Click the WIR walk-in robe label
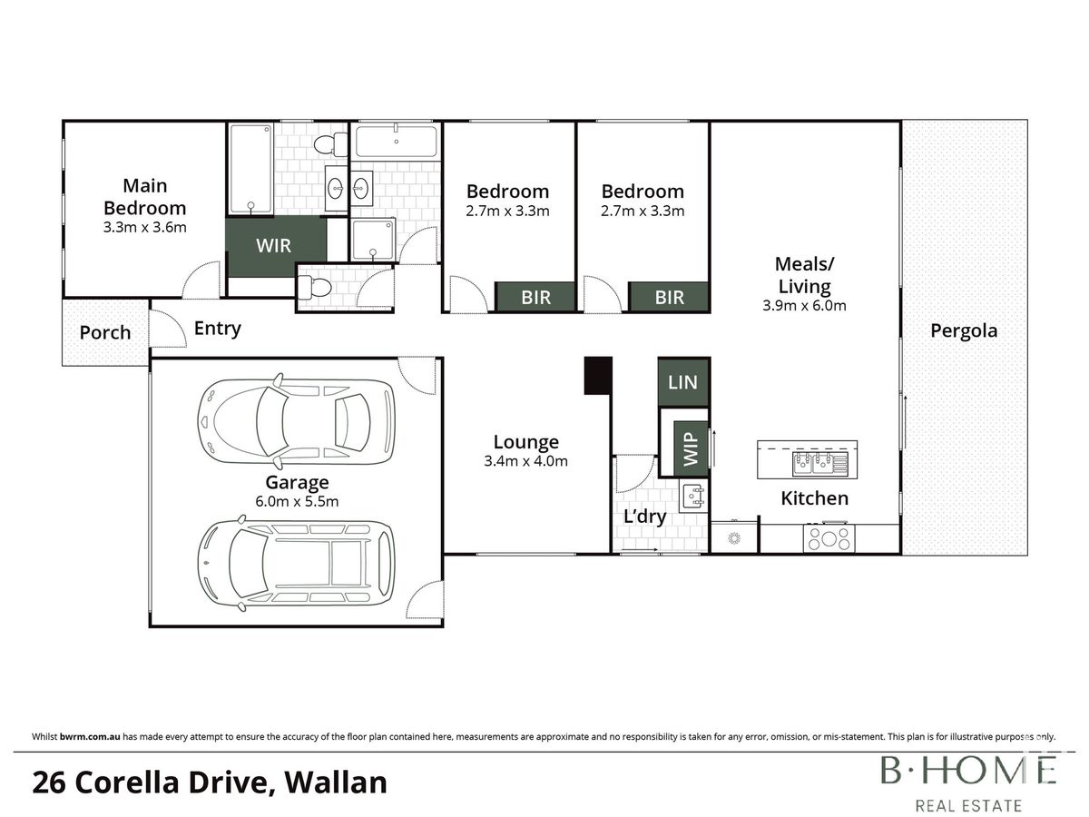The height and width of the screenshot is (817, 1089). coord(273,245)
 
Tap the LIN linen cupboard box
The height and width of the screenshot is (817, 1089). coord(683,382)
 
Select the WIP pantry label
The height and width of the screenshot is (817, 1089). coord(691,449)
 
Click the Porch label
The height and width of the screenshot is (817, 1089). coord(105,332)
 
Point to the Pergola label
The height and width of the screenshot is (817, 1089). coord(964,330)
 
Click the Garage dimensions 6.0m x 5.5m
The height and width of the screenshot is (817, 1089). coord(297,501)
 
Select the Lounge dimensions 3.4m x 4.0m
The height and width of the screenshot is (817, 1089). coord(525,461)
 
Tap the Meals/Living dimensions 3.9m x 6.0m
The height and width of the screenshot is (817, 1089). coord(804,306)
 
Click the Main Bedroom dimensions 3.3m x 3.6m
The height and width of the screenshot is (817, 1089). coord(145,227)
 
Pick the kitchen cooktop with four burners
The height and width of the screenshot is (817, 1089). coord(829,538)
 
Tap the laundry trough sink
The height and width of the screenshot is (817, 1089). coord(693,496)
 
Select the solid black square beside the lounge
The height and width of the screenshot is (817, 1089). coord(598,376)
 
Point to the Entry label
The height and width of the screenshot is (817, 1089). coord(217,328)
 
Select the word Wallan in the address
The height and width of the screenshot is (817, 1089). coord(336,783)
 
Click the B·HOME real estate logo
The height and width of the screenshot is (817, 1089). coord(968,783)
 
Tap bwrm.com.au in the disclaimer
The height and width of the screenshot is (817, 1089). coord(90,736)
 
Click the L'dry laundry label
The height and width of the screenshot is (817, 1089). coord(644,517)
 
